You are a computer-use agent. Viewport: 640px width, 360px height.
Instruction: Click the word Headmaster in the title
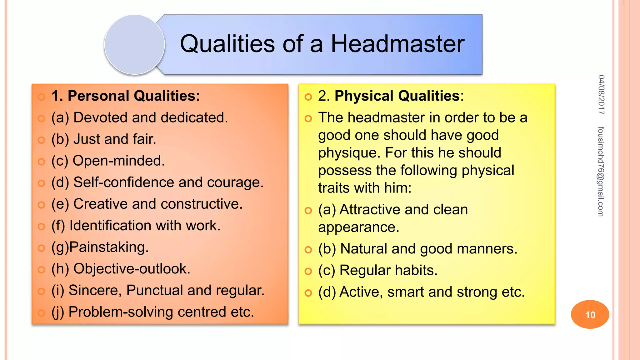(x=397, y=44)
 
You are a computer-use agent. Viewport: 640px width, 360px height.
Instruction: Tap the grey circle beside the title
(x=135, y=45)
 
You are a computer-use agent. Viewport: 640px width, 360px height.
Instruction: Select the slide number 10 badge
(x=590, y=314)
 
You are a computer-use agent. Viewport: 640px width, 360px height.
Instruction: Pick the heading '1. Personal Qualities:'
(x=126, y=96)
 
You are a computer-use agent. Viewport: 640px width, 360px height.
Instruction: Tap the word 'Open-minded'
(x=118, y=161)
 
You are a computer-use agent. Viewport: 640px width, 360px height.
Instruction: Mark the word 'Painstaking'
(x=109, y=247)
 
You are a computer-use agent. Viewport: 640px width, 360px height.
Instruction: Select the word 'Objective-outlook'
(x=132, y=269)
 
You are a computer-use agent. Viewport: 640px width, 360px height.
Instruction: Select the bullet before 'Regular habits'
(x=308, y=271)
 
